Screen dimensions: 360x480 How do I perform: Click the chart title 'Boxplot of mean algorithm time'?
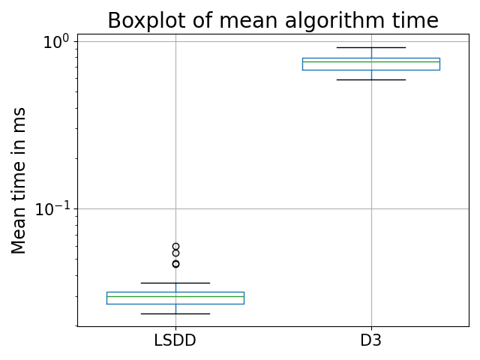(272, 20)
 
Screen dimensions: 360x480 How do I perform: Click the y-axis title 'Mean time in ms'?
(19, 180)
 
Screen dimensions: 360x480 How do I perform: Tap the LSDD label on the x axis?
(175, 340)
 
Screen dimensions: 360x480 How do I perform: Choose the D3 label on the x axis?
(370, 340)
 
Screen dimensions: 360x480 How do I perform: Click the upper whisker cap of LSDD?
(175, 283)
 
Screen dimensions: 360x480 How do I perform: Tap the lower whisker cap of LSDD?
(175, 313)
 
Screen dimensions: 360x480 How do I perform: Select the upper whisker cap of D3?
(370, 47)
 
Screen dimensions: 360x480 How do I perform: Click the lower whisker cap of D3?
(370, 79)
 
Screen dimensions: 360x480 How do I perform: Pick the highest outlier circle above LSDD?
(175, 246)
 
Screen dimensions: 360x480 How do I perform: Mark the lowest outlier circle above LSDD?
(175, 264)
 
